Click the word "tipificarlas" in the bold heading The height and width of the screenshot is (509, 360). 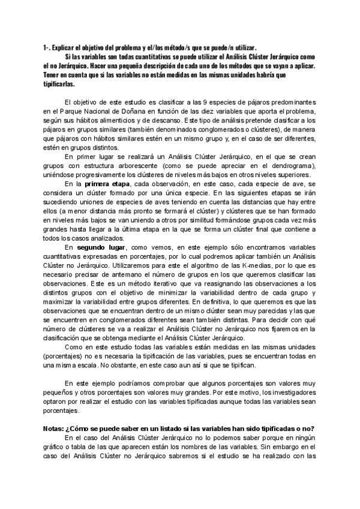[x=59, y=85]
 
